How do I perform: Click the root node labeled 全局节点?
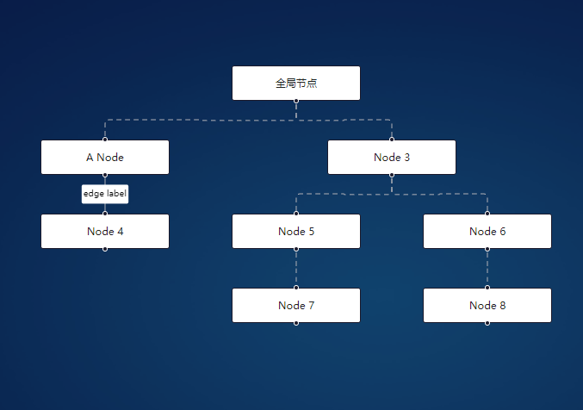[295, 84]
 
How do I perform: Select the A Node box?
[105, 158]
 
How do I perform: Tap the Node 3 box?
[392, 158]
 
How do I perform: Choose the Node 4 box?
[105, 232]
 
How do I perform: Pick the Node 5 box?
[296, 232]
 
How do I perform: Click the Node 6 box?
[487, 232]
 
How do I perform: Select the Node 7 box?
[296, 306]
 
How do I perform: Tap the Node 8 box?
[487, 306]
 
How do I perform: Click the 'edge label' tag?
[105, 194]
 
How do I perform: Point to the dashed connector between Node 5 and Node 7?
[296, 268]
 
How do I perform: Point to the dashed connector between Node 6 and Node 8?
[487, 268]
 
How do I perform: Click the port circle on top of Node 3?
[392, 140]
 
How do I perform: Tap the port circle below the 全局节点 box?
[296, 101]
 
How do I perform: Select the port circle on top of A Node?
[105, 140]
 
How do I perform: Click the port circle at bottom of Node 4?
[105, 249]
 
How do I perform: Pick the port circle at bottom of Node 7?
[296, 323]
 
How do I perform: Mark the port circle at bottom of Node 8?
[487, 323]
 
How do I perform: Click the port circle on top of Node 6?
[487, 214]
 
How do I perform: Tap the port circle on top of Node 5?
[296, 214]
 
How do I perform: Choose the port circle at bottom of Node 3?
[392, 175]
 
